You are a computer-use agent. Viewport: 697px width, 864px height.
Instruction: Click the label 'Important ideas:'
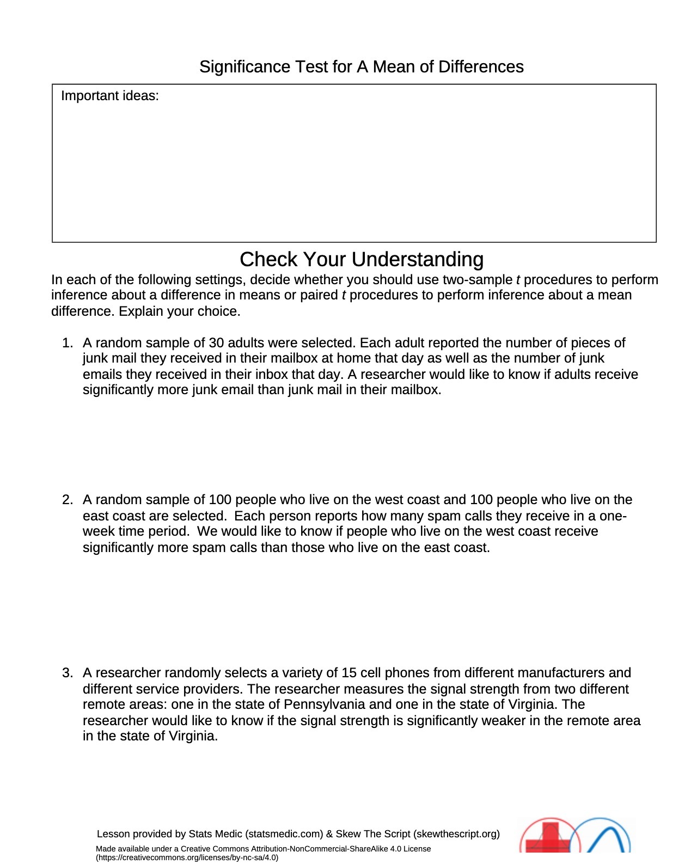pyautogui.click(x=109, y=96)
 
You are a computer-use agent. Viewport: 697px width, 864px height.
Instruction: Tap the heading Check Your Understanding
pyautogui.click(x=361, y=260)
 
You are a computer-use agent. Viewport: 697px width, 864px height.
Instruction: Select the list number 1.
pyautogui.click(x=67, y=343)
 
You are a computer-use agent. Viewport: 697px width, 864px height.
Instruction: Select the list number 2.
pyautogui.click(x=67, y=500)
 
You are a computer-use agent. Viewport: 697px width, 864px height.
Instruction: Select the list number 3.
pyautogui.click(x=67, y=673)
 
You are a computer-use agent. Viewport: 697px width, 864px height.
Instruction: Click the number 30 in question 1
pyautogui.click(x=216, y=343)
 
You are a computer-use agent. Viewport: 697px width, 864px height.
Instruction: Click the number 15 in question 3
pyautogui.click(x=348, y=673)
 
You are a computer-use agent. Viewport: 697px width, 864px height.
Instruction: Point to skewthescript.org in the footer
pyautogui.click(x=456, y=834)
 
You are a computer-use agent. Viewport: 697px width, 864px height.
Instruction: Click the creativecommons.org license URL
pyautogui.click(x=187, y=857)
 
